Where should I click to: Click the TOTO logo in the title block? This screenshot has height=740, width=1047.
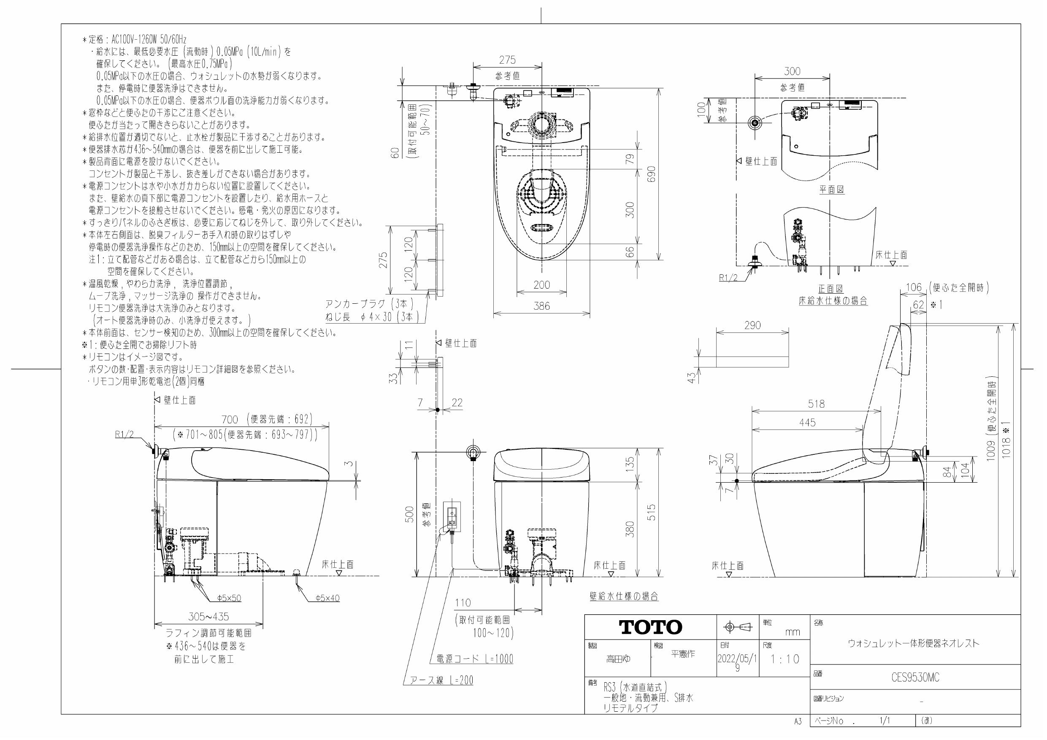point(650,627)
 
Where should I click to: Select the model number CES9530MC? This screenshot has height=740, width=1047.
point(915,678)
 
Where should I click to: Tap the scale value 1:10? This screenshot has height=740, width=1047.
point(785,659)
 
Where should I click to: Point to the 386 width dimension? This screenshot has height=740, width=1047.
point(541,306)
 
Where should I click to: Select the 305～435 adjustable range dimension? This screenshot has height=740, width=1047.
point(208,616)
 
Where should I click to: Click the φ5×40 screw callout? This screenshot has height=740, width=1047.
point(327,598)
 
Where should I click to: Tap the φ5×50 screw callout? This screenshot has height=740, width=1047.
point(229,598)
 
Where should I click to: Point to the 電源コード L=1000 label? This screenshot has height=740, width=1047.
point(474,659)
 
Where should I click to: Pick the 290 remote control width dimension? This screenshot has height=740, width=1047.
point(752,325)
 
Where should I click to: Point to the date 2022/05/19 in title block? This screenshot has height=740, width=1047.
point(737,662)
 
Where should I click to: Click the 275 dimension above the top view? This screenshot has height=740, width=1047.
point(507,60)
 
